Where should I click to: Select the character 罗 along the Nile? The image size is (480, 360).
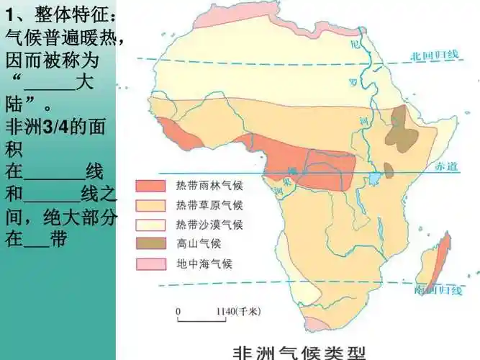click(x=353, y=81)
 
